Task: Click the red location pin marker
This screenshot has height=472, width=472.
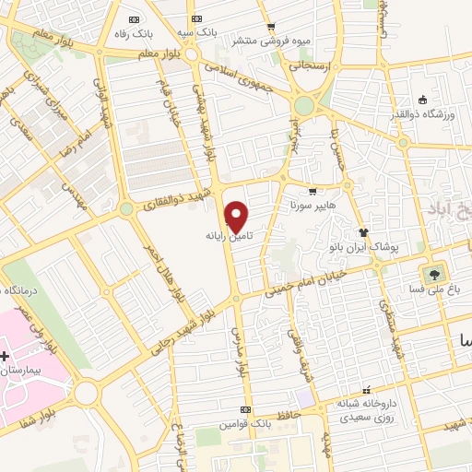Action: [237, 217]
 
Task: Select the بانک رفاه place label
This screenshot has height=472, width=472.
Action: [134, 33]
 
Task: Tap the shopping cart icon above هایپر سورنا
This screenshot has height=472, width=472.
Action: [313, 192]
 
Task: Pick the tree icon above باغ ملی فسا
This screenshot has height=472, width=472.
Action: [432, 274]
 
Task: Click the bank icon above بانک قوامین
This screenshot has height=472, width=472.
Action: [243, 409]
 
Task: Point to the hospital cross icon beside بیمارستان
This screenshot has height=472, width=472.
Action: [5, 355]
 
